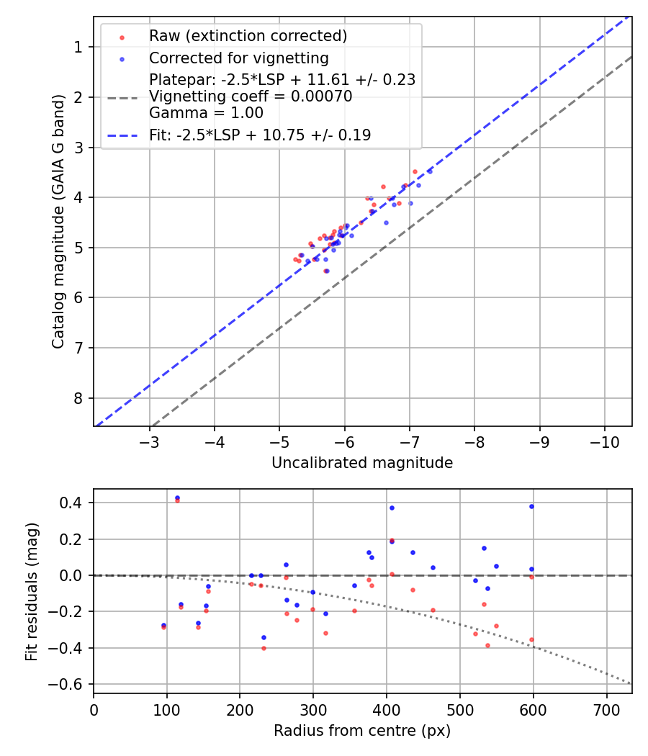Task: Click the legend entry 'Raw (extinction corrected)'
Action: pos(248,36)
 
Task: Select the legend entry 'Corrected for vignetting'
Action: pos(238,58)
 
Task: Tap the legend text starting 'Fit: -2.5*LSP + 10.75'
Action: pos(260,135)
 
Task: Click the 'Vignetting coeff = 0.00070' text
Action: pos(251,96)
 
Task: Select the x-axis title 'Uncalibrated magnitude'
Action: pos(362,463)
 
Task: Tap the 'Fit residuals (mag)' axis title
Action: pos(31,591)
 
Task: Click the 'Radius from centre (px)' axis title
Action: pos(362,731)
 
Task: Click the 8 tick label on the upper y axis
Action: pos(78,398)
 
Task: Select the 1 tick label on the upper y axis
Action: pos(78,48)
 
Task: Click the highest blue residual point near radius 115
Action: pos(177,498)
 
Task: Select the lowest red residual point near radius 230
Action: pos(264,648)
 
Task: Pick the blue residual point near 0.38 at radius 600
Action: pos(531,506)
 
